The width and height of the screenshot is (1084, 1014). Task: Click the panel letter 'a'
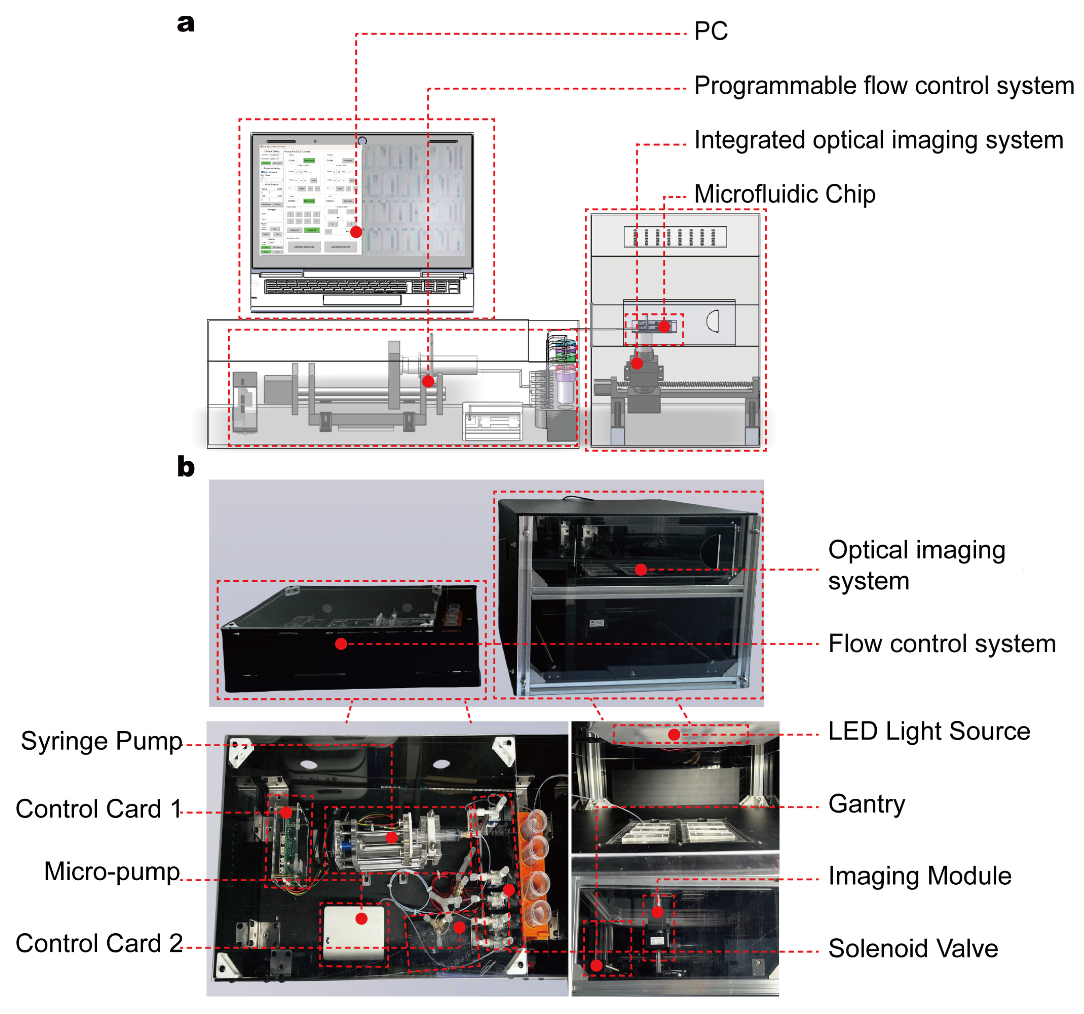185,24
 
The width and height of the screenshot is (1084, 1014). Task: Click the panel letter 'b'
185,467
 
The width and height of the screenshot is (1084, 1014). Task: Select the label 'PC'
711,31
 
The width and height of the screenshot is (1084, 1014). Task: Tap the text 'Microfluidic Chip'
785,194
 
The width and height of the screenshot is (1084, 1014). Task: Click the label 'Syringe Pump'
101,741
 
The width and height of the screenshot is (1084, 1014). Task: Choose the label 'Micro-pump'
112,871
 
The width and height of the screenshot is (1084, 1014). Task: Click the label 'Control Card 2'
99,943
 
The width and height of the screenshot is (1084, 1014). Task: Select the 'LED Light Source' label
928,731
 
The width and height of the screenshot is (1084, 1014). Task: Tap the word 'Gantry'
867,804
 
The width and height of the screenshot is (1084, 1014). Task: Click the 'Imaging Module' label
919,876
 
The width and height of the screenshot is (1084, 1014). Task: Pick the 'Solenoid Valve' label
913,949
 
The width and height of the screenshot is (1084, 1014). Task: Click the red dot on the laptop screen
356,232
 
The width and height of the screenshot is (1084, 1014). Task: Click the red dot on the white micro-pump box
361,919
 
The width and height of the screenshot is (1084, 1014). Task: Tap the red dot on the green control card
286,813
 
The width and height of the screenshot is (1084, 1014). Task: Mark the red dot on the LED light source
674,735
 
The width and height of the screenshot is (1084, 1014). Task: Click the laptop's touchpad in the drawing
362,300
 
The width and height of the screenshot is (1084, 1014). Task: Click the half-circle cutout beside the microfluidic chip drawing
713,321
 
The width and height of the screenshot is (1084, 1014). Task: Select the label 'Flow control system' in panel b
942,644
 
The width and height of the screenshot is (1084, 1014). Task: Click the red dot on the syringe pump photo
391,838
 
